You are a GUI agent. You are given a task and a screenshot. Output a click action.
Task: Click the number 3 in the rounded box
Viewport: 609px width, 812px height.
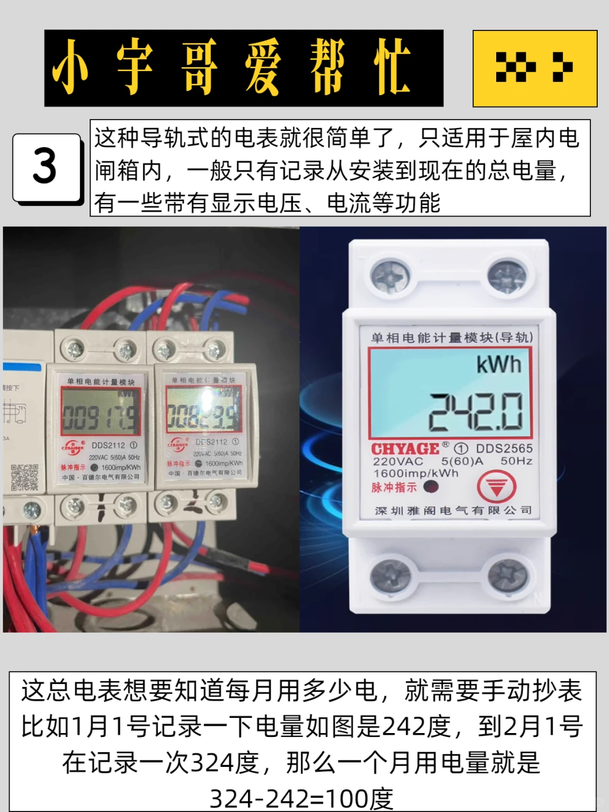coord(45,167)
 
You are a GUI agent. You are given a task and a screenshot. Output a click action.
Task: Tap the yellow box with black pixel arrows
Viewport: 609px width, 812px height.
coord(535,68)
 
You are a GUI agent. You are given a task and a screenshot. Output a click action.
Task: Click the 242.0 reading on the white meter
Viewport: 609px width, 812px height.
coord(476,412)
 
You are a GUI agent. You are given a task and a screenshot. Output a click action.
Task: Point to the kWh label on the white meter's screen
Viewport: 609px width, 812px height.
coord(498,365)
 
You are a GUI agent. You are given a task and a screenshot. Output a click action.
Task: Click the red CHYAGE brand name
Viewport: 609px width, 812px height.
coord(405,449)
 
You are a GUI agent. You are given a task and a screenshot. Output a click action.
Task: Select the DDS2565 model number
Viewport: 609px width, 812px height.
coord(504,448)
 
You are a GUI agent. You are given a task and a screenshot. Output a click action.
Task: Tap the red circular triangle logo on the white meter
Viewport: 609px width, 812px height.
coord(496,486)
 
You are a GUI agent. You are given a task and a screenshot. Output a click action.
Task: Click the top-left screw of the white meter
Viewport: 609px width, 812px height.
coord(390,276)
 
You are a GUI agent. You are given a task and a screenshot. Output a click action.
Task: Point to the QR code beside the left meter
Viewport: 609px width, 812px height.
coord(25,477)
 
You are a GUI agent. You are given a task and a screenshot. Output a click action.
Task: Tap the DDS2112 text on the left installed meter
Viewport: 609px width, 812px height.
coord(109,445)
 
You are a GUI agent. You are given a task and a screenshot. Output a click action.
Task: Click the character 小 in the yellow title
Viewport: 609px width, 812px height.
coord(70,68)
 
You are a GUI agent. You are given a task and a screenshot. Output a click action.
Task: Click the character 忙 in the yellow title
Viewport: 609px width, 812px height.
coord(393,68)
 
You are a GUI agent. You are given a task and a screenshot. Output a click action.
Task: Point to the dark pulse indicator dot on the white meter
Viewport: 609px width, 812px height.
coord(431,487)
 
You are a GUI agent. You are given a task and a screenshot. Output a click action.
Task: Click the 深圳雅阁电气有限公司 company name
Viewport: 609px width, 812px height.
coord(453,510)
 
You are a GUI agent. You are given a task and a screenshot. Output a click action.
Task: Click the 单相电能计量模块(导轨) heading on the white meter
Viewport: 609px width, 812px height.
coord(452,338)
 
